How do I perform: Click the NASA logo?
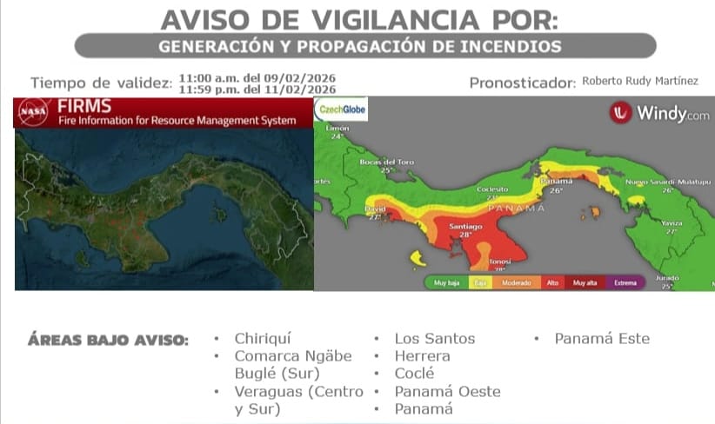(x=33, y=112)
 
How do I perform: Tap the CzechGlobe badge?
(x=341, y=109)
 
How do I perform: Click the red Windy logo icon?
(x=620, y=113)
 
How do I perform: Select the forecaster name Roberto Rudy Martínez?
(x=639, y=81)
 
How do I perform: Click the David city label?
(x=375, y=209)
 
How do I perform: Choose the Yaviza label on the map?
(x=672, y=222)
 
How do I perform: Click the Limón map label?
(x=337, y=128)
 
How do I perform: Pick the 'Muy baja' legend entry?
(x=447, y=282)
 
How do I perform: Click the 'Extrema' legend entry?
(x=625, y=282)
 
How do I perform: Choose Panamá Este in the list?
(x=602, y=339)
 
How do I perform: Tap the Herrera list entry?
(x=422, y=356)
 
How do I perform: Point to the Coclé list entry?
(x=415, y=374)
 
